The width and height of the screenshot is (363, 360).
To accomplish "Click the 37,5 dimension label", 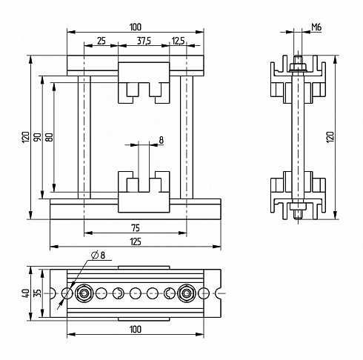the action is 144,41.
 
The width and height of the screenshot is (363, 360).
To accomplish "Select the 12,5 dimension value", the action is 178,41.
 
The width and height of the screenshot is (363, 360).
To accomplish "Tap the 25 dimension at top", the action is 101,41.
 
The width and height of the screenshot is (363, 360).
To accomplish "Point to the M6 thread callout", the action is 316,27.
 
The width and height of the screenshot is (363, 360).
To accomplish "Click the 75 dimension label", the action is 136,228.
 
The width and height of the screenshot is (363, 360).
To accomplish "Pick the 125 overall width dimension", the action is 136,241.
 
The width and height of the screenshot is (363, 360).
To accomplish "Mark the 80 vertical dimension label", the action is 50,137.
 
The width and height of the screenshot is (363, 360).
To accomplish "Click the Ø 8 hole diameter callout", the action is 98,255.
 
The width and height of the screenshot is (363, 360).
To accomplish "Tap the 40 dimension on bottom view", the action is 26,293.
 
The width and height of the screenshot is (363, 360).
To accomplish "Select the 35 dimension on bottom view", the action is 38,293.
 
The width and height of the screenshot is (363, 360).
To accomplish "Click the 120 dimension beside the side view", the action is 330,137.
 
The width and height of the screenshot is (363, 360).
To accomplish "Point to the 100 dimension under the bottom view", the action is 136,329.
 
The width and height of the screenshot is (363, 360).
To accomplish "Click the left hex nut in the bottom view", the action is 84,293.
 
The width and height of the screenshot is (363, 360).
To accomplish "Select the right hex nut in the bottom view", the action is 187,293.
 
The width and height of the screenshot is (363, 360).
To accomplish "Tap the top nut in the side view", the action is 298,67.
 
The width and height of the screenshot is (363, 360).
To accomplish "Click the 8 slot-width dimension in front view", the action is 161,140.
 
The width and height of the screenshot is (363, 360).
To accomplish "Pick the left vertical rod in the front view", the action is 84,137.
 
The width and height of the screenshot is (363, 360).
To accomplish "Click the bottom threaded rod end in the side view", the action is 298,215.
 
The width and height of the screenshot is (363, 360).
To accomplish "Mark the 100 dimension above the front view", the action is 136,27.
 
